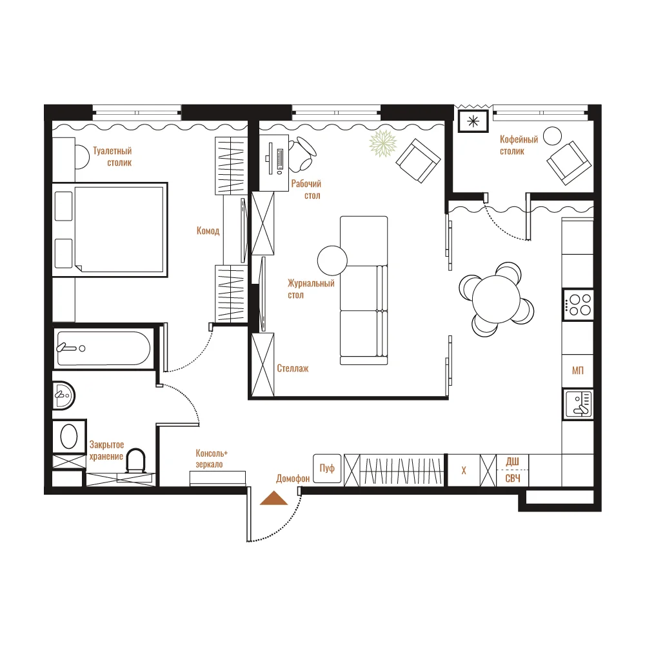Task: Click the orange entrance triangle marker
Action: click(x=274, y=498)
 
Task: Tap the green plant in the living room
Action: click(x=383, y=144)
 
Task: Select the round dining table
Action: click(x=497, y=299)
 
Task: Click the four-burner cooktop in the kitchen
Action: click(x=578, y=305)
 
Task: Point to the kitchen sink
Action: click(x=578, y=404)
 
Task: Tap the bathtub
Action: click(x=104, y=348)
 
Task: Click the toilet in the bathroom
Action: click(x=135, y=461)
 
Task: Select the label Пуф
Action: click(x=327, y=468)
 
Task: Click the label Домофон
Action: click(x=292, y=479)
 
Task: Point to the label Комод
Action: click(x=208, y=231)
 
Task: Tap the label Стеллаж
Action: click(x=292, y=368)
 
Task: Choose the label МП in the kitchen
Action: click(x=577, y=371)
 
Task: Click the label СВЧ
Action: click(x=513, y=478)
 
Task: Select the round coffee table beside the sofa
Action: click(x=332, y=261)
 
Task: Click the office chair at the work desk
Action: click(x=303, y=154)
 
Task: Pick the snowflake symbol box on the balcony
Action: click(x=473, y=121)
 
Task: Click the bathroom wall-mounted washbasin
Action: click(x=63, y=395)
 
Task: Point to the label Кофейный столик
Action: click(x=519, y=145)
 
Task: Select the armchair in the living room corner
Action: click(x=419, y=161)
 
